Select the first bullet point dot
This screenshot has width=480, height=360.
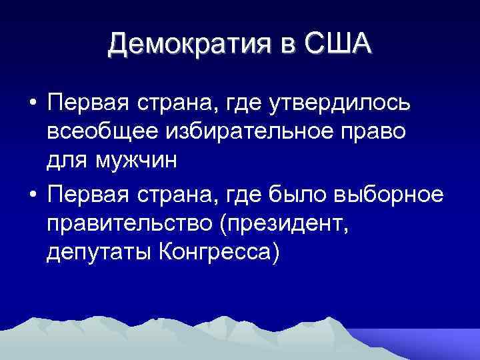[32, 105]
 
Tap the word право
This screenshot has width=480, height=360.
[374, 135]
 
